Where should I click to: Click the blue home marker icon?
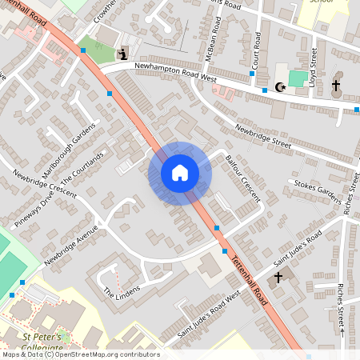point(180,173)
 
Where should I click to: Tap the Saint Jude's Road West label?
point(209,314)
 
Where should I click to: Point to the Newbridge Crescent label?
point(44,185)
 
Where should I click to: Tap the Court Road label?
point(257,50)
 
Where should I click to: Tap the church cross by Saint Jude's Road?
point(278,278)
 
